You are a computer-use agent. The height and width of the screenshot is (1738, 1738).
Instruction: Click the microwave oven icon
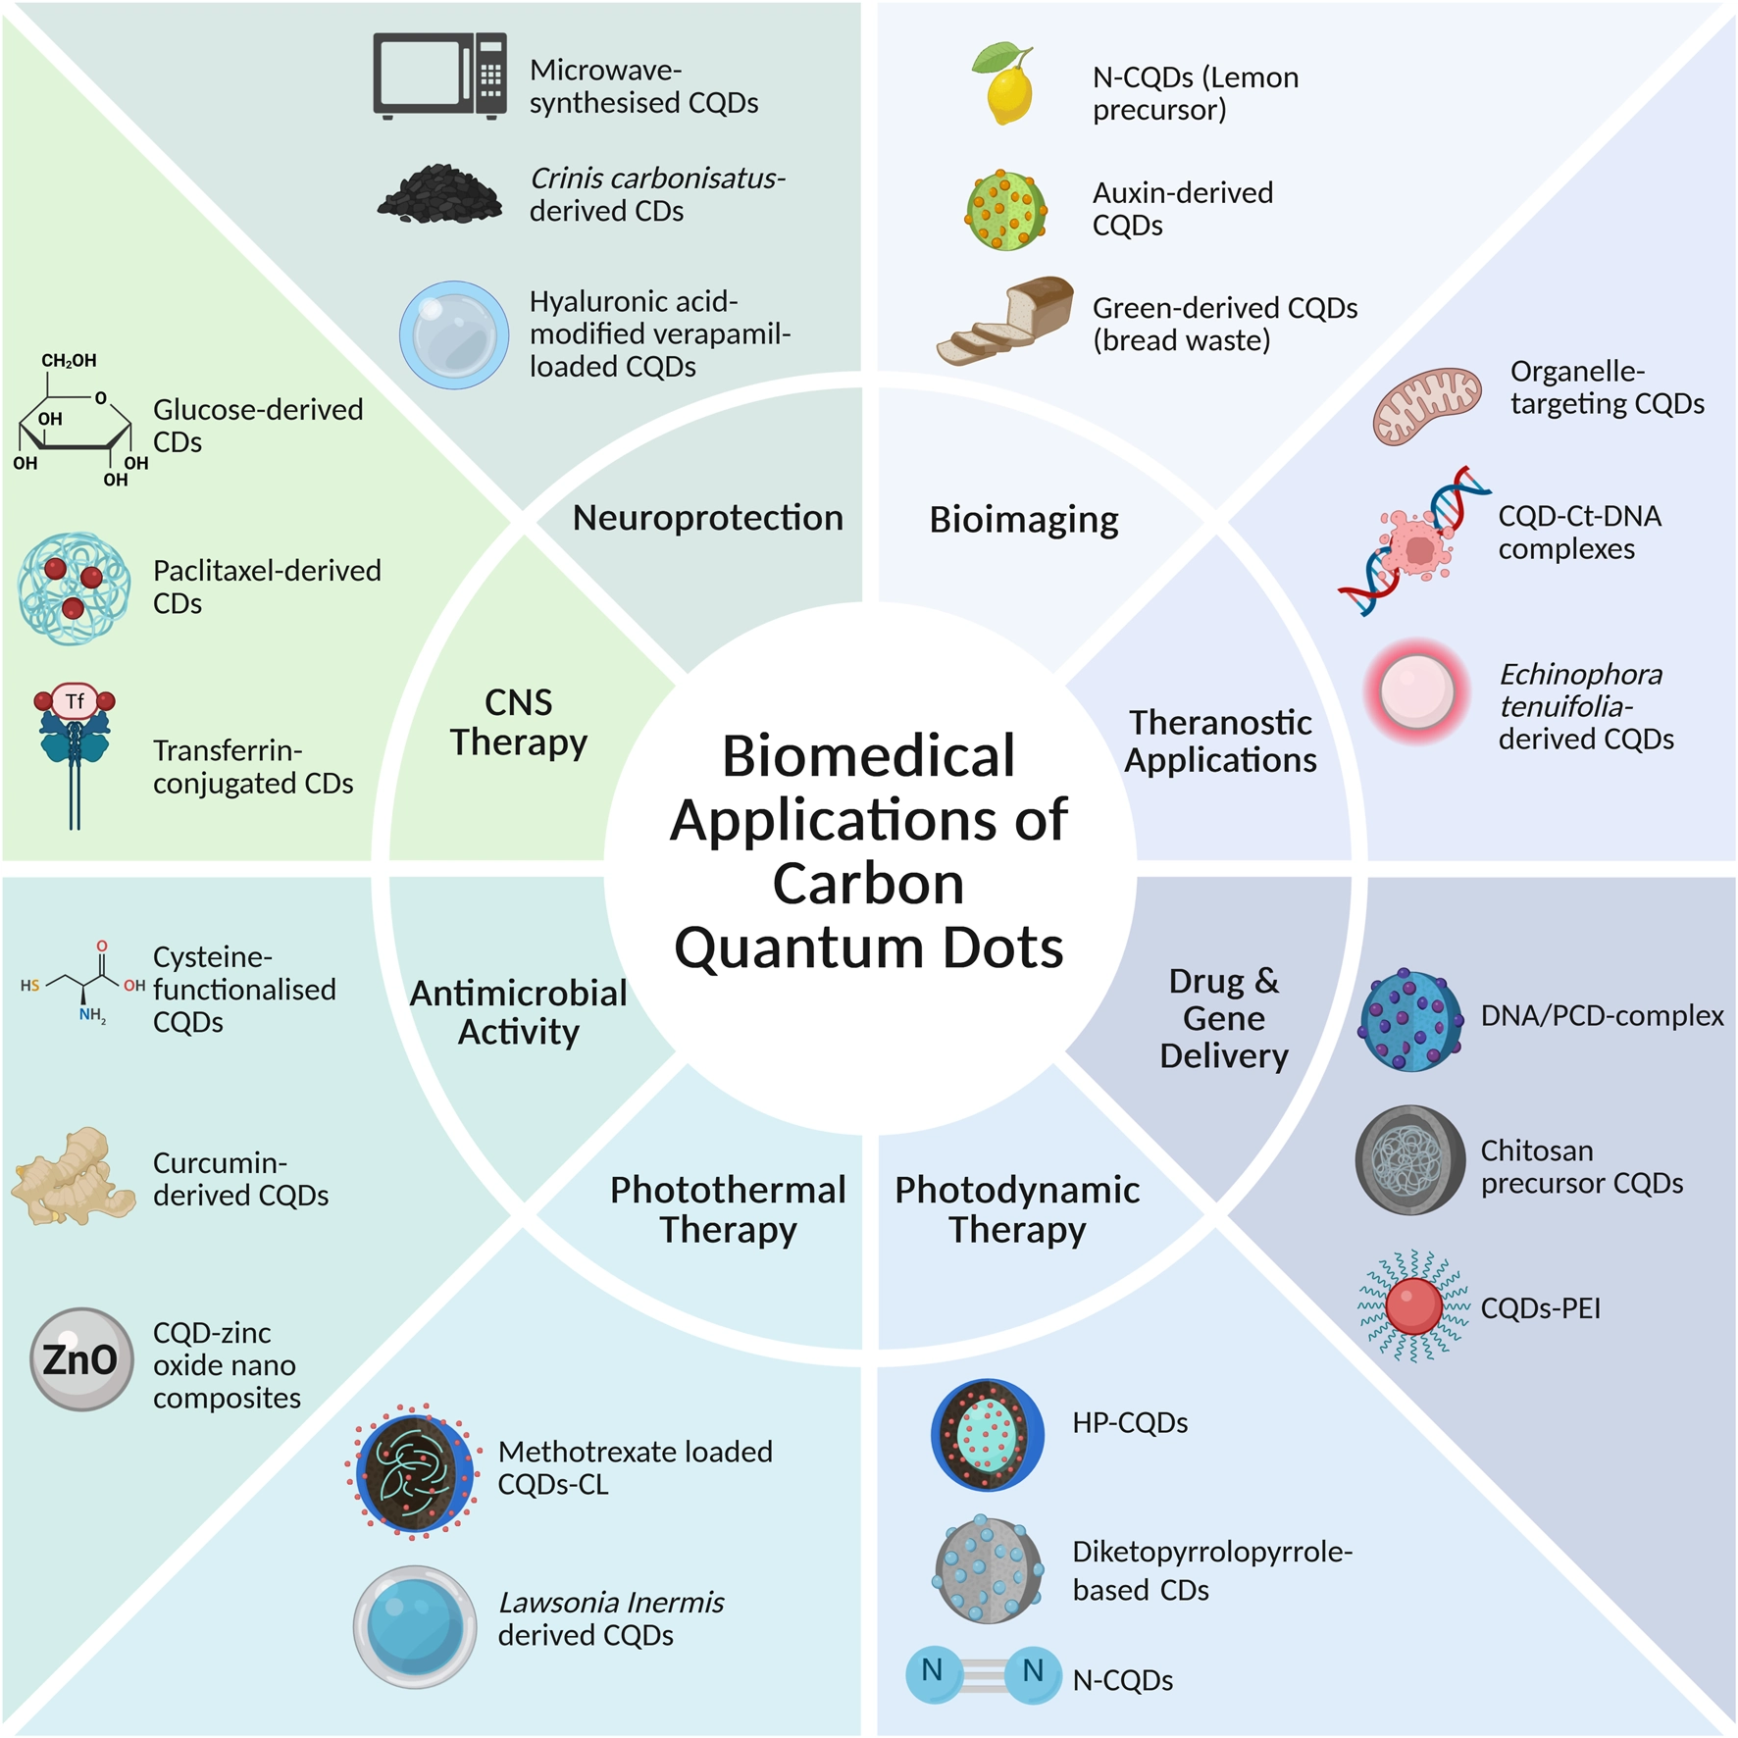(439, 76)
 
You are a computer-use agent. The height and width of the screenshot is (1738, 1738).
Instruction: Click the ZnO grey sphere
(80, 1359)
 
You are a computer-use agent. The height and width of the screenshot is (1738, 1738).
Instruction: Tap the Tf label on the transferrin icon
(76, 701)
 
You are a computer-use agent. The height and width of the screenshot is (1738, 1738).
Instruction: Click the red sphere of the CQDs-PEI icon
(1413, 1306)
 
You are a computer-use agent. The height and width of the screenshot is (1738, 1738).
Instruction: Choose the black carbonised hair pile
(440, 193)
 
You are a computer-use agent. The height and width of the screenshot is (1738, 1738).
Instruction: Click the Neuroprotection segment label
(707, 518)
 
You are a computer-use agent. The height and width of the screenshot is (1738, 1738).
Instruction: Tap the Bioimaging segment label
(1023, 520)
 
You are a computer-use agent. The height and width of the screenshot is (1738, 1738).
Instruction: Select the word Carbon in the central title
(868, 884)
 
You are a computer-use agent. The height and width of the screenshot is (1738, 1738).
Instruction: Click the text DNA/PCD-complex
(1602, 1016)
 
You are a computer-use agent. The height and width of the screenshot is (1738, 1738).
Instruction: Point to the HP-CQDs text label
(1129, 1423)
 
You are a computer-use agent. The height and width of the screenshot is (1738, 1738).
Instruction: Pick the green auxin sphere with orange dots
(1006, 211)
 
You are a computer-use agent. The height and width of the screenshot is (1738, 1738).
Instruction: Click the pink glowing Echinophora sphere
(1416, 691)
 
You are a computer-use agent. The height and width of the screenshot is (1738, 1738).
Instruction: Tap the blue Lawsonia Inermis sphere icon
(415, 1626)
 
